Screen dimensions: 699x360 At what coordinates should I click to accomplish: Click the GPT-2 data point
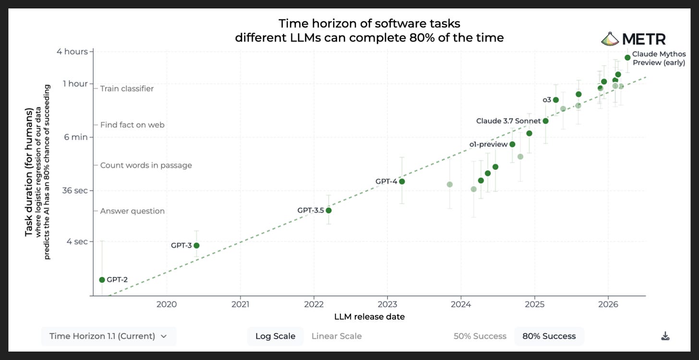(x=102, y=280)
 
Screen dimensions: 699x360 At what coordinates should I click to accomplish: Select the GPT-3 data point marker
(x=196, y=245)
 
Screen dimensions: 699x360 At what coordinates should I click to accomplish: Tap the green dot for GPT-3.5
(x=328, y=211)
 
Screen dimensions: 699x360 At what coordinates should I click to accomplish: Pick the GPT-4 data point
(x=402, y=181)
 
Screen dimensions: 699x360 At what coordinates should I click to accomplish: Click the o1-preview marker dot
(x=512, y=144)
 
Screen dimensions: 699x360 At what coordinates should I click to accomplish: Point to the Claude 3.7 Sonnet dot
(x=545, y=121)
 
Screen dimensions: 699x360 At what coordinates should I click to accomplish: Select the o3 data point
(x=556, y=100)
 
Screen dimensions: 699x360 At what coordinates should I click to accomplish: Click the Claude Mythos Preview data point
(x=627, y=58)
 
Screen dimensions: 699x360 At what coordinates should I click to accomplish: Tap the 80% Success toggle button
(x=549, y=336)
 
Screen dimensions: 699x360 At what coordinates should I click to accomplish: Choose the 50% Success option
(x=480, y=336)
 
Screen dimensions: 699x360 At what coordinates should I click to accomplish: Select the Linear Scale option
(x=337, y=336)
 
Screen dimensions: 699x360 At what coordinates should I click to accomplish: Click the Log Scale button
(x=275, y=336)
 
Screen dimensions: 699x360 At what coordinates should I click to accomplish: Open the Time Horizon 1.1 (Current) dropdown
(x=108, y=336)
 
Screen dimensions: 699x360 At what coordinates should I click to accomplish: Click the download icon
(x=665, y=336)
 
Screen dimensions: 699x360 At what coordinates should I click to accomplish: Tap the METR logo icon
(x=610, y=39)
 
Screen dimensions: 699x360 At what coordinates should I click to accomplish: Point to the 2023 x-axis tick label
(x=387, y=304)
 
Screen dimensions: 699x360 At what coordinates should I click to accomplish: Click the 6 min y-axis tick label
(x=76, y=137)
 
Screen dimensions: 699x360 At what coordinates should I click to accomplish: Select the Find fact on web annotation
(x=133, y=125)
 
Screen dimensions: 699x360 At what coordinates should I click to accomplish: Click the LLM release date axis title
(x=370, y=317)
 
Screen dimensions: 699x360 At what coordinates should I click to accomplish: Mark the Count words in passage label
(x=146, y=165)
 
